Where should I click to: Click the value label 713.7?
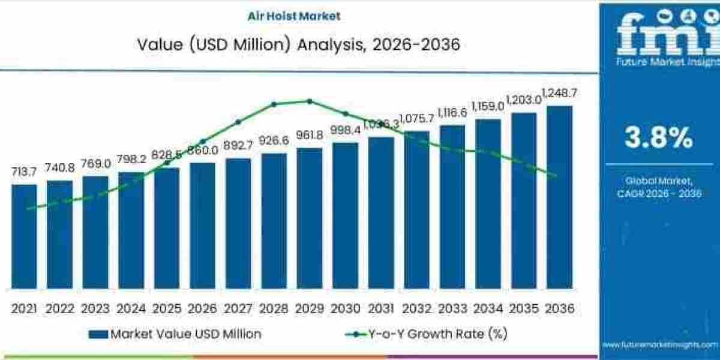tap(24, 172)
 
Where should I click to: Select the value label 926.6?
tap(274, 140)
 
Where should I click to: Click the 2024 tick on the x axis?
tap(131, 308)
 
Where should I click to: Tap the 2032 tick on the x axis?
tap(416, 308)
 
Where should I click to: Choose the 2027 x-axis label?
tap(238, 308)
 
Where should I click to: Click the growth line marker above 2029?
tap(310, 101)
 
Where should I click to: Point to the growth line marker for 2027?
tap(238, 122)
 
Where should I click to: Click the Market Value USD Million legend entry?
tap(175, 334)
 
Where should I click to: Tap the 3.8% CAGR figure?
tap(658, 139)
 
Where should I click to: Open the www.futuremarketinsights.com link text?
tap(660, 344)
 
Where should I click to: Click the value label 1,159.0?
tap(488, 106)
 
